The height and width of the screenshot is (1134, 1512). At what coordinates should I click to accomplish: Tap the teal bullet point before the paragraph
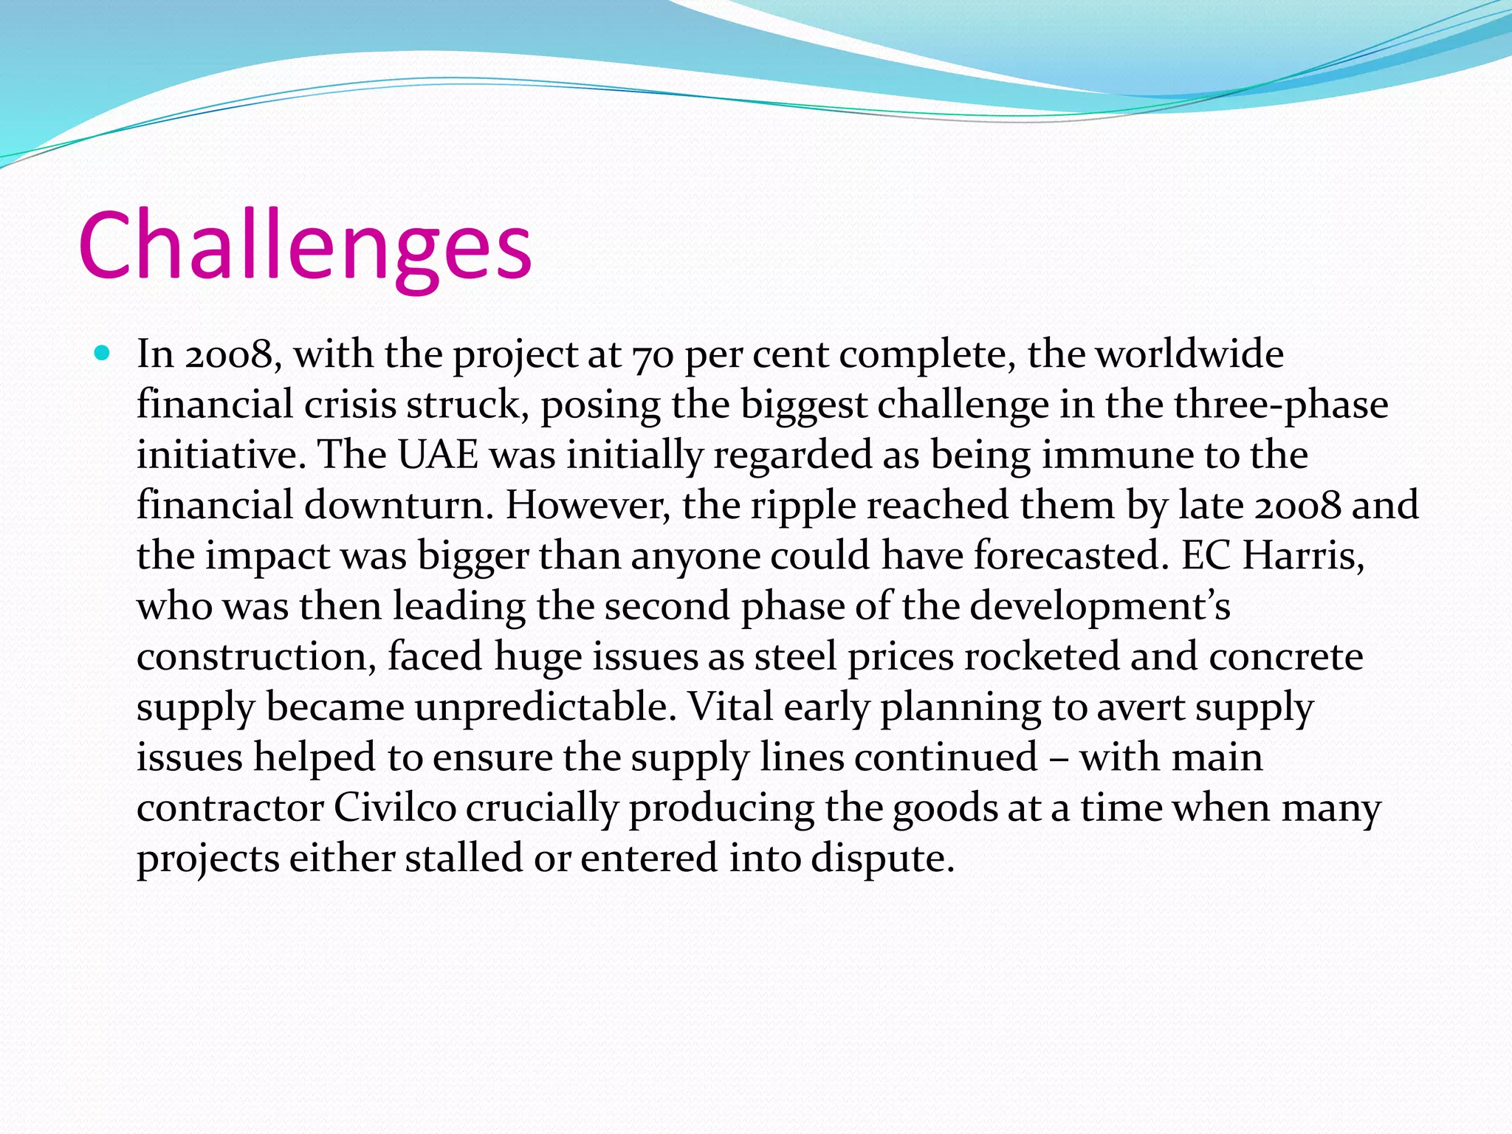(103, 353)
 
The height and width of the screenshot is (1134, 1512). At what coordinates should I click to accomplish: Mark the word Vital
(730, 707)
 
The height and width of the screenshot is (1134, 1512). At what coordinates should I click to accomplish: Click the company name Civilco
(395, 808)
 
